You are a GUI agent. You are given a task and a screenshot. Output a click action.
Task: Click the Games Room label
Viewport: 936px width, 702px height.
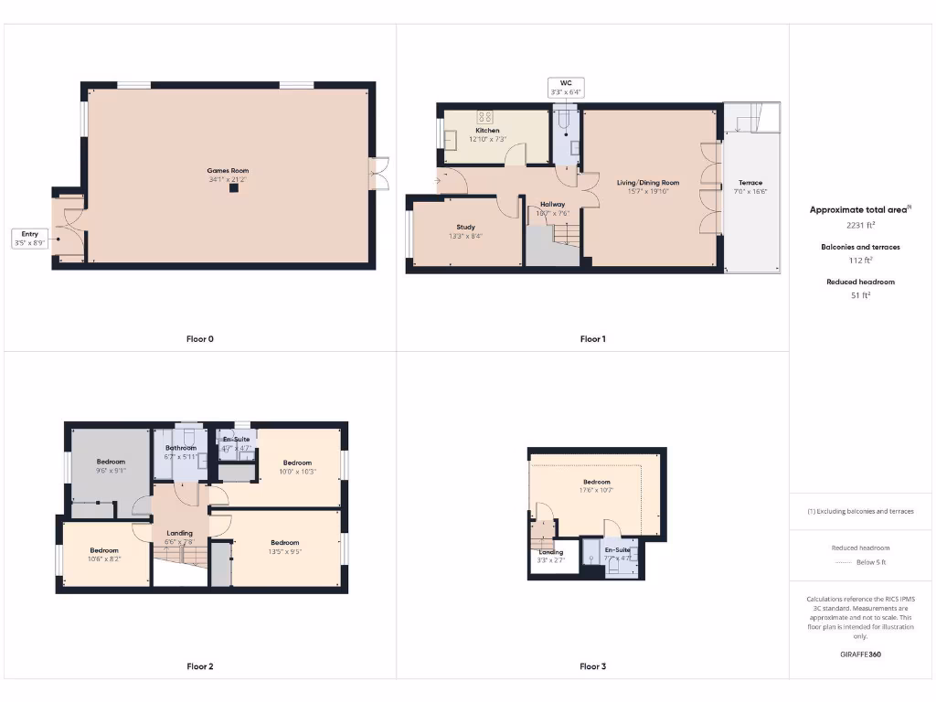click(228, 170)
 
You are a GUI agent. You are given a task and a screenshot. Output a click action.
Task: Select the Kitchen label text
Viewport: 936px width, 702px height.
click(487, 131)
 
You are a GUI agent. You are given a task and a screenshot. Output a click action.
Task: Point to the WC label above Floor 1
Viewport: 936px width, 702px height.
click(565, 82)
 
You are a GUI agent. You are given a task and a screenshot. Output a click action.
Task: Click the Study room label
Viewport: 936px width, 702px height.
click(466, 227)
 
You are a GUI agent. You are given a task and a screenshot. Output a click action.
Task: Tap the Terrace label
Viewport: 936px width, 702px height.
click(750, 183)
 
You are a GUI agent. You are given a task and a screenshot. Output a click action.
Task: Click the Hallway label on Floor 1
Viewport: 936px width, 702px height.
click(552, 204)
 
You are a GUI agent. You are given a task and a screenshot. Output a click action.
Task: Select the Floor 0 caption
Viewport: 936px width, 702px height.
click(199, 339)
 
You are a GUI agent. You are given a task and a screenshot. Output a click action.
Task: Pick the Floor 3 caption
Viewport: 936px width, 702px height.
click(592, 666)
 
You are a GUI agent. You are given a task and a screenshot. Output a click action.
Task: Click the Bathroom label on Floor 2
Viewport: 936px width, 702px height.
click(181, 448)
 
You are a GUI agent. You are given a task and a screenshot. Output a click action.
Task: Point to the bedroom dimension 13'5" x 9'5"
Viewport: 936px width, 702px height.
click(285, 552)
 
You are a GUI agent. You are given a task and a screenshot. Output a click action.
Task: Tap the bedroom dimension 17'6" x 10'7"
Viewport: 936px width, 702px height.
click(596, 491)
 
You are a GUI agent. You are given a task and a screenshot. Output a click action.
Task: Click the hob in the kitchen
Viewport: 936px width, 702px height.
click(485, 117)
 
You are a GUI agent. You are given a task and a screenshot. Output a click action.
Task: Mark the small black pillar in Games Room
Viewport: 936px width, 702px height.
click(233, 188)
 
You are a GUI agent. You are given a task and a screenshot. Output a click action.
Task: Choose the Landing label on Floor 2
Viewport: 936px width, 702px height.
click(179, 533)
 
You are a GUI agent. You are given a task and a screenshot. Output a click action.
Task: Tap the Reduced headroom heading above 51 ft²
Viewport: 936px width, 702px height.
click(860, 282)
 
